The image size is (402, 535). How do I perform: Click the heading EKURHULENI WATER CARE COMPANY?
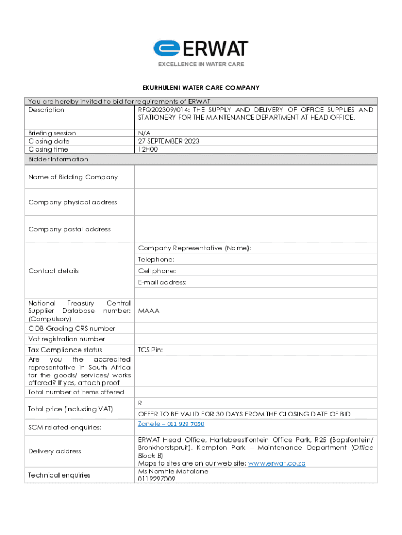pos(200,88)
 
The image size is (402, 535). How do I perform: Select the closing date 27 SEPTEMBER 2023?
pos(169,141)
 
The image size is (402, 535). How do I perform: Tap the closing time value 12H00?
pos(148,149)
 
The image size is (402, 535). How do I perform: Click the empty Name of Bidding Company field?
pos(256,177)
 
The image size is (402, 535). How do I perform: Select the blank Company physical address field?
pos(256,202)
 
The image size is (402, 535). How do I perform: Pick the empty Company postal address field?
pos(256,229)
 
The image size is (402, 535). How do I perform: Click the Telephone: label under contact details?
pos(156,260)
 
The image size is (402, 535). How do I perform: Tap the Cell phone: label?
pos(157,271)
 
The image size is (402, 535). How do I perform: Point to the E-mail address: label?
pos(162,282)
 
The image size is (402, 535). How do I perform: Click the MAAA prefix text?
pos(149,311)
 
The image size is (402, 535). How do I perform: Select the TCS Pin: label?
pos(150,350)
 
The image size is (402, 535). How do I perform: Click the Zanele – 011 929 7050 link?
pos(171,424)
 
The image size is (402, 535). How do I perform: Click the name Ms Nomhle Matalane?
pos(173,471)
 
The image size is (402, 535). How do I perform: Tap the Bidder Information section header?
pos(58,159)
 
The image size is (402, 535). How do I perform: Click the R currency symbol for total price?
pos(140,403)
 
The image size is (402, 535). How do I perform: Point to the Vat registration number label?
pos(66,339)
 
